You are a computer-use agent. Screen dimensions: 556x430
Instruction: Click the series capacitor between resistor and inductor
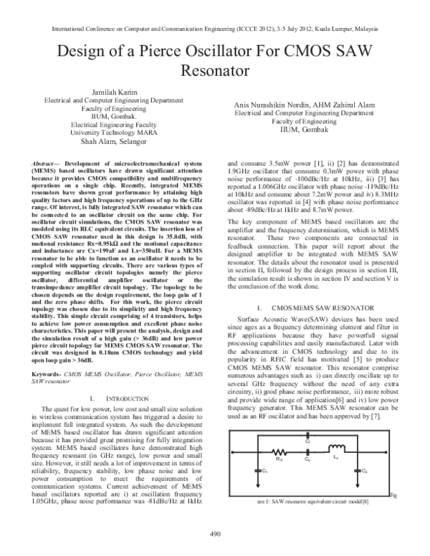tap(307, 452)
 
